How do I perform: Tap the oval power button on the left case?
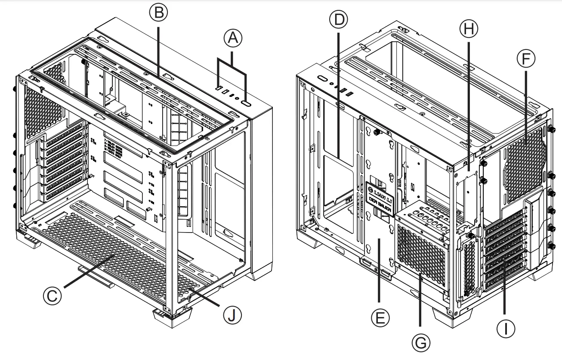[247, 104]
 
